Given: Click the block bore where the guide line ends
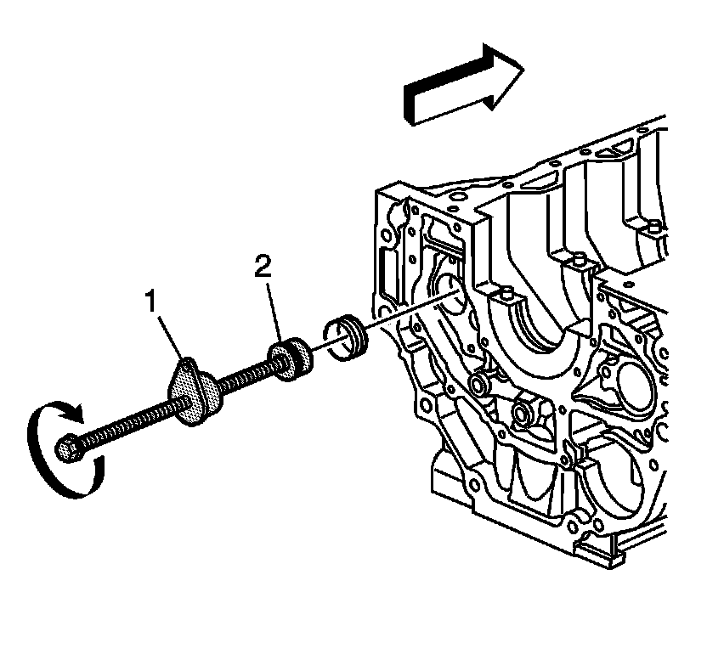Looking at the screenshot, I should click(451, 290).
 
